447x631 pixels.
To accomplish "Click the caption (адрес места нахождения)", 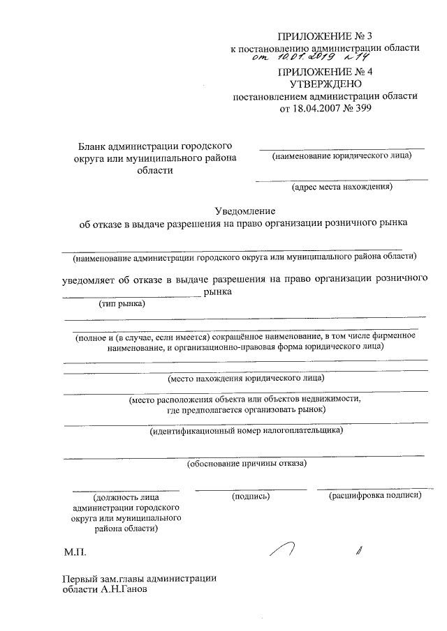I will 342,186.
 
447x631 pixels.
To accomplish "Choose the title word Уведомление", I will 244,211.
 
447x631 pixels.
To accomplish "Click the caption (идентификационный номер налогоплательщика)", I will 247,431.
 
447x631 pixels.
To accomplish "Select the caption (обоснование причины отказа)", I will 247,463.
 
